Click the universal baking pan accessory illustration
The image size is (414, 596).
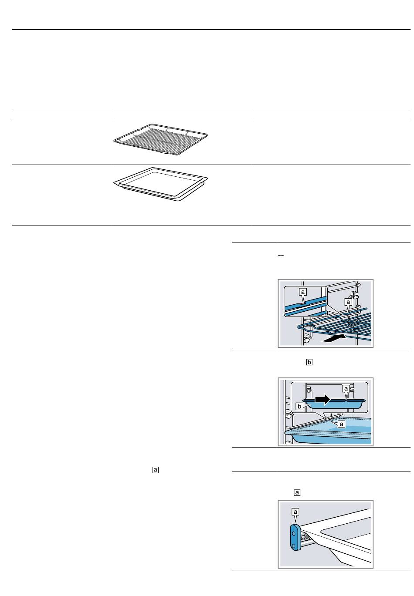click(160, 184)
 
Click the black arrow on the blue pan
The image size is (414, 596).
click(322, 399)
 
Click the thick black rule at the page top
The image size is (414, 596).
click(211, 29)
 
